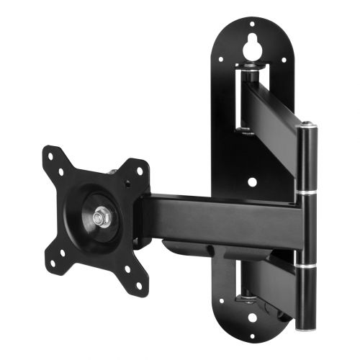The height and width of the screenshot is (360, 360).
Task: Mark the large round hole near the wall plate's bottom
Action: click(x=251, y=317)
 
